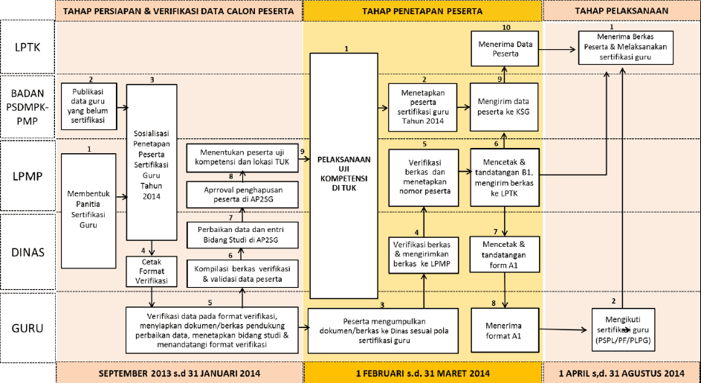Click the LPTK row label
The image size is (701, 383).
tap(28, 47)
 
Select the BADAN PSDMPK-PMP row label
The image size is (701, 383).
tap(28, 106)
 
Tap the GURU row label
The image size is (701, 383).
tap(28, 329)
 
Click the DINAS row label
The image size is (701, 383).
tap(28, 251)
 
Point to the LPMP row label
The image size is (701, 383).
tap(28, 177)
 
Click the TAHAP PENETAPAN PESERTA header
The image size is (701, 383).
tap(422, 11)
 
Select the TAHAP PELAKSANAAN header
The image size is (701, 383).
tap(621, 11)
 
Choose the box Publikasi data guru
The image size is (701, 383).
tap(88, 103)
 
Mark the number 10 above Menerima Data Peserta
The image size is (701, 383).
tap(505, 28)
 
